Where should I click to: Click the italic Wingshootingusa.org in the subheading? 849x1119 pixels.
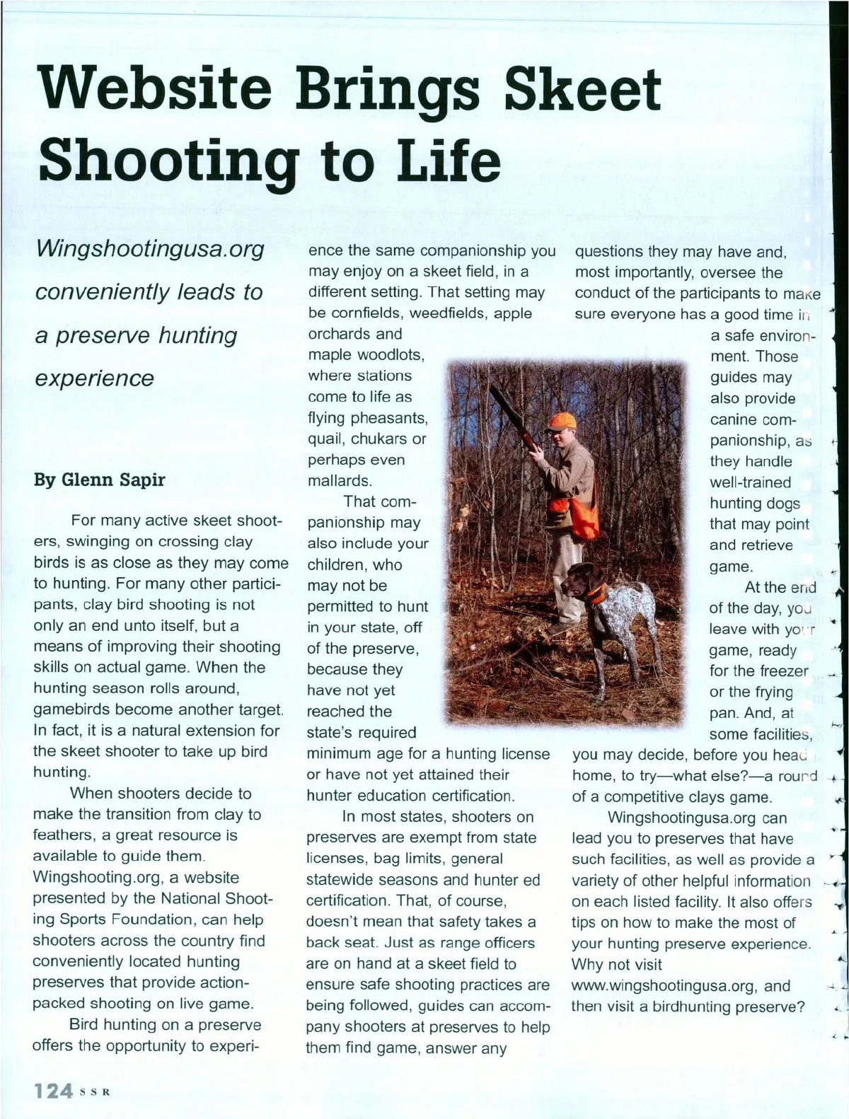coord(149,249)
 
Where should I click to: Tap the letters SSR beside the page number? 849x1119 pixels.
coord(95,1091)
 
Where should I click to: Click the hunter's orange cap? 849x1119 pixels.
coord(562,422)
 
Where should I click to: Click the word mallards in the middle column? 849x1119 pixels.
coord(339,481)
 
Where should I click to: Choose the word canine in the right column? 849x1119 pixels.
coord(734,419)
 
